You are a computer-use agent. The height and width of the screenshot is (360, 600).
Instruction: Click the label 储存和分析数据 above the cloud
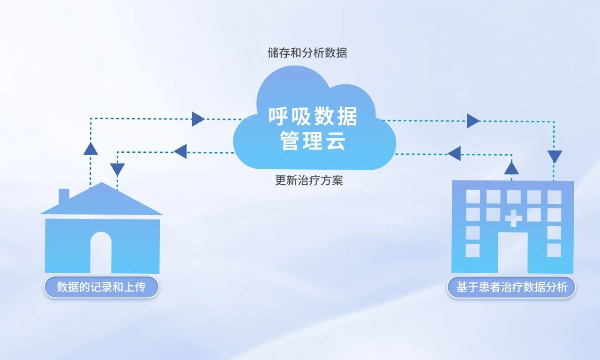coord(307,53)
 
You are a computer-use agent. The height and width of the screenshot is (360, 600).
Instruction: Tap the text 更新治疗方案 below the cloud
coord(309,180)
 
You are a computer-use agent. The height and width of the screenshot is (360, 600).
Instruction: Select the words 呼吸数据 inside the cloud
coord(313,117)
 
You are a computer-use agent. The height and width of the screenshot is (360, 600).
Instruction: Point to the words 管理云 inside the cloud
coord(313,141)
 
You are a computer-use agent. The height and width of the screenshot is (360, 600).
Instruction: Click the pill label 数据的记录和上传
coord(101,287)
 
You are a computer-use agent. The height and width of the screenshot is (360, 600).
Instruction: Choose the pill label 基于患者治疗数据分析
coord(511,287)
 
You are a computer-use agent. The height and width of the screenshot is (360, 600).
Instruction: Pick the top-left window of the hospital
coord(472,197)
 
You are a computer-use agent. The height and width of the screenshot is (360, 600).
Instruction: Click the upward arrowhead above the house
coord(90,149)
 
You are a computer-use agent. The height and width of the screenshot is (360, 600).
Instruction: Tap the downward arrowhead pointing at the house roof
coord(117,169)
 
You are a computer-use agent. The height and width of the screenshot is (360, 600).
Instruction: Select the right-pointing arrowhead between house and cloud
coord(198,119)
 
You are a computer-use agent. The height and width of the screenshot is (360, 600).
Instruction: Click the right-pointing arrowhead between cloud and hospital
coord(473,121)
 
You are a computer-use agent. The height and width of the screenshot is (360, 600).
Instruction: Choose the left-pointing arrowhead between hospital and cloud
coord(454,153)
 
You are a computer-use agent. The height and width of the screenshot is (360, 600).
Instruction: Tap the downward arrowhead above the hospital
coord(555,156)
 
